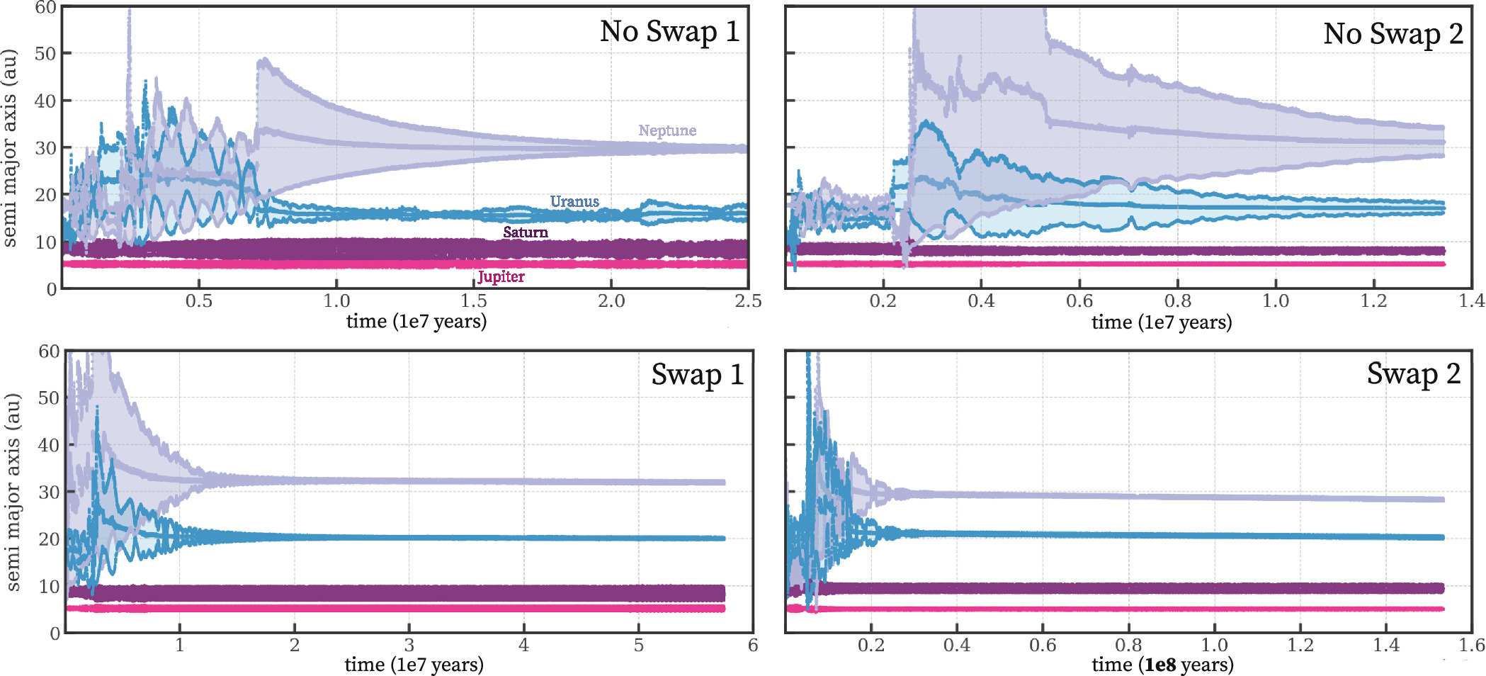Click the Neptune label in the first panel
(x=667, y=130)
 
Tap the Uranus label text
(x=574, y=201)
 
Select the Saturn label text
(x=525, y=232)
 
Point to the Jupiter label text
(x=501, y=276)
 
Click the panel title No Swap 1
(x=669, y=32)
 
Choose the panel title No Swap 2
(x=1393, y=34)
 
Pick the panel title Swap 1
(x=697, y=375)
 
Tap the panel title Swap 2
(x=1413, y=374)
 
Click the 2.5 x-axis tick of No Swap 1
(x=748, y=301)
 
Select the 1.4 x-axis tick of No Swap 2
(x=1471, y=301)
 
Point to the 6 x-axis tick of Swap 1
(x=752, y=645)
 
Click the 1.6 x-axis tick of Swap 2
(x=1471, y=645)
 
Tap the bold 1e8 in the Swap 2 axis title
(x=1160, y=665)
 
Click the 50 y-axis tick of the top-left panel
(x=45, y=54)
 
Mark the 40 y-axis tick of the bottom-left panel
(x=48, y=445)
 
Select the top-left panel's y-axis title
(x=9, y=147)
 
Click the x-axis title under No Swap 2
(x=1162, y=322)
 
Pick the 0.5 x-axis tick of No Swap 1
(x=198, y=301)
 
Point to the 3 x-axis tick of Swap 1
(x=409, y=645)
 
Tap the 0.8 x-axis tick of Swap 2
(x=1128, y=645)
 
